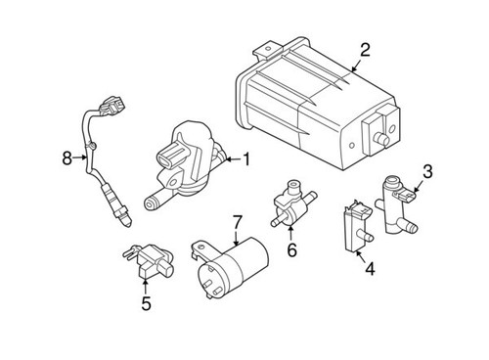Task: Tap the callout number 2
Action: pyautogui.click(x=365, y=50)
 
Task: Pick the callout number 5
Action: pyautogui.click(x=146, y=303)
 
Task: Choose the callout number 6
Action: pyautogui.click(x=290, y=250)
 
